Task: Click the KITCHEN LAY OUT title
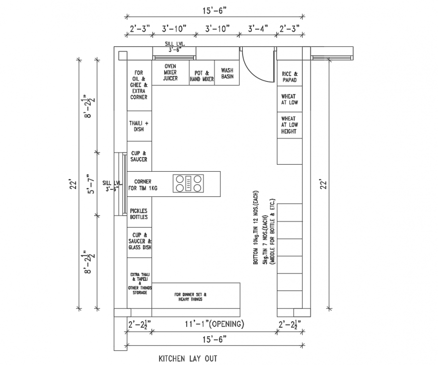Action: [x=188, y=358]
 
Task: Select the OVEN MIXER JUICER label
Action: [x=170, y=72]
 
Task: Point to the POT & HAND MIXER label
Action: [x=202, y=76]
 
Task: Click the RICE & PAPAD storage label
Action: [x=289, y=77]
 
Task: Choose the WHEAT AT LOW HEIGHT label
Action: [x=288, y=125]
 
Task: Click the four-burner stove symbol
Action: [x=188, y=183]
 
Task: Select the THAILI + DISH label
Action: [x=139, y=126]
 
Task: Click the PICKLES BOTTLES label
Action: [x=139, y=214]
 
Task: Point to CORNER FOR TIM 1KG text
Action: [x=143, y=184]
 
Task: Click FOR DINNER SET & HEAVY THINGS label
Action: [x=190, y=297]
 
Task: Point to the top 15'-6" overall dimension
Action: [x=214, y=9]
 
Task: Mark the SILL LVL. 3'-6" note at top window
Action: [x=173, y=47]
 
